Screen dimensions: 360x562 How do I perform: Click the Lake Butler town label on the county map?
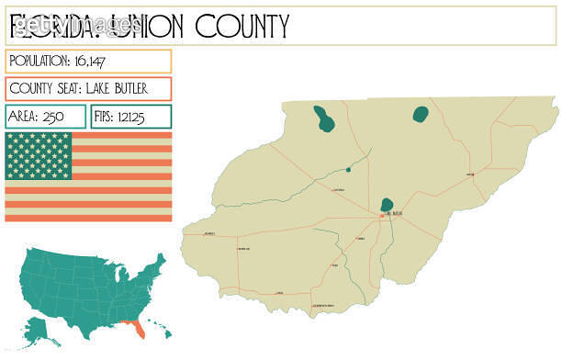point(394,214)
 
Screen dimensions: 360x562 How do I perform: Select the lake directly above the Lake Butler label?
point(388,204)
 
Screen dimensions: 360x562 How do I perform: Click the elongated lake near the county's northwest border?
point(323,118)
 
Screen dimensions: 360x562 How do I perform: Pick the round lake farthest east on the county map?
point(421,114)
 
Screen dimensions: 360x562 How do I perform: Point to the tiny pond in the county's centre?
point(348,169)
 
